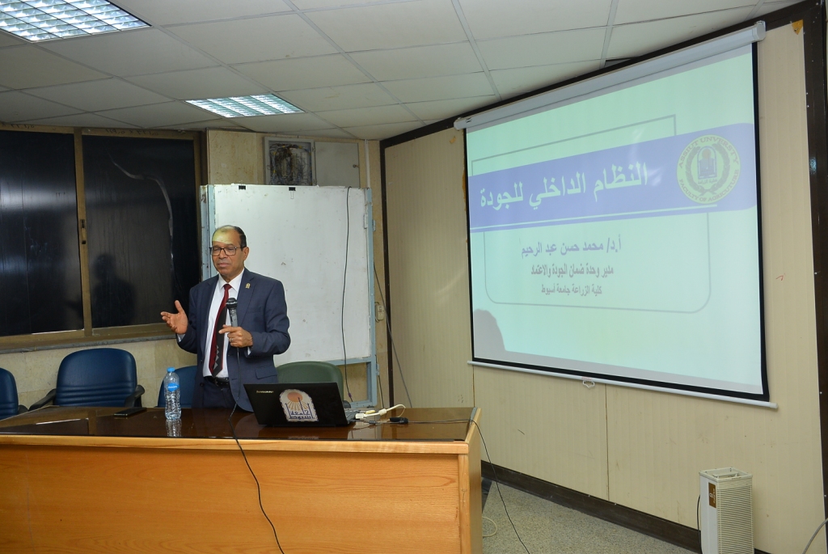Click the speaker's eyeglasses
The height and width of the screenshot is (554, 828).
(225, 250)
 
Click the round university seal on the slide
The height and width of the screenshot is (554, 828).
(708, 169)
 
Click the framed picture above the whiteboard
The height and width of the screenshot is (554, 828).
(289, 161)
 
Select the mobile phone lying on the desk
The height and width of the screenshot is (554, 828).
(130, 412)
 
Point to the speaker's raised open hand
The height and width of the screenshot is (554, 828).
(175, 317)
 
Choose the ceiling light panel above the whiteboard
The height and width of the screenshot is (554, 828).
(244, 105)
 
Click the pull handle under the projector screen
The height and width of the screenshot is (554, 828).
(588, 383)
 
